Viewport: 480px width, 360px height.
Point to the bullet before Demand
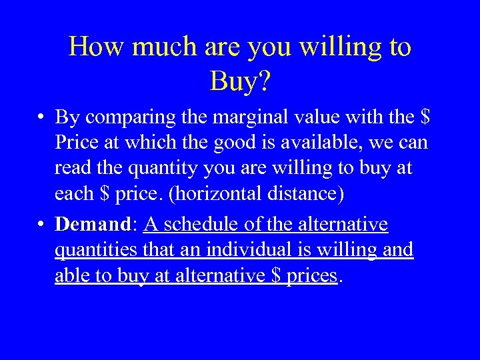pyautogui.click(x=41, y=225)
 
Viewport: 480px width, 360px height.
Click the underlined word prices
pyautogui.click(x=312, y=276)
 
